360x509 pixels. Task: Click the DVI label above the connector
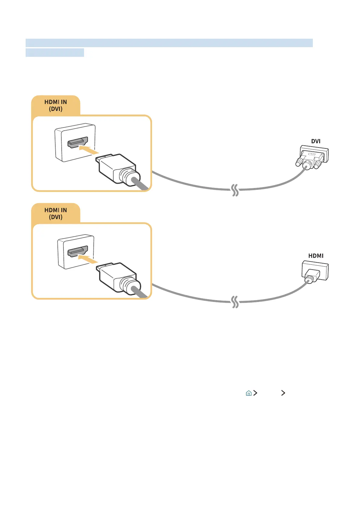[x=316, y=141]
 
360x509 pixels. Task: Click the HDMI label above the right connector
[x=316, y=256]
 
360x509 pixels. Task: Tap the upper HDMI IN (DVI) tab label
[x=56, y=105]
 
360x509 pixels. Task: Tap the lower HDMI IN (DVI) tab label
[x=56, y=213]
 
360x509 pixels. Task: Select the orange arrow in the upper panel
[x=89, y=150]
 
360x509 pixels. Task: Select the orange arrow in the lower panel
[x=88, y=259]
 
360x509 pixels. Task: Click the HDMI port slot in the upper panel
[x=78, y=142]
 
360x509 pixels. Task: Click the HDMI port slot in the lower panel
[x=78, y=251]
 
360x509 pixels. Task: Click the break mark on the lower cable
[x=235, y=302]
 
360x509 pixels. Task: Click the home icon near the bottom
[x=248, y=393]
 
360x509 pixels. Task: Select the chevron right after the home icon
[x=255, y=393]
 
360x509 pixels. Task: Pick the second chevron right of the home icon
[x=283, y=393]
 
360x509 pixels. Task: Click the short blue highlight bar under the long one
[x=55, y=53]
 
